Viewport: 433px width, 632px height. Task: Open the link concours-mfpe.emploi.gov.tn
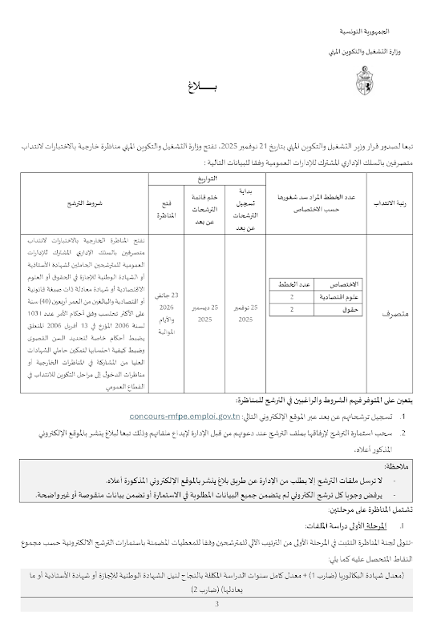183,417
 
